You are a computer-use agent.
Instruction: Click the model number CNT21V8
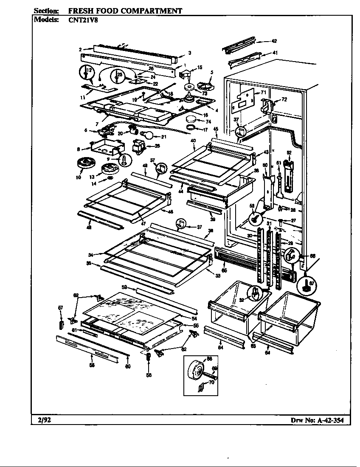point(83,20)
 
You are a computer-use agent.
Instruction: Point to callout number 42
point(274,41)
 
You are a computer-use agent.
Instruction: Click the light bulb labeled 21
point(148,136)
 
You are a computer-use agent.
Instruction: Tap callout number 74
point(209,121)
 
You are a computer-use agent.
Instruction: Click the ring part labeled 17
point(192,127)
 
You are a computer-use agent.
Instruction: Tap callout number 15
point(200,68)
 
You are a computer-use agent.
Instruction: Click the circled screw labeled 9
point(125,159)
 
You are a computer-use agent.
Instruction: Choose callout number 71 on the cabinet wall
point(263,92)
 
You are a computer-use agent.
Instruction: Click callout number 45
point(216,129)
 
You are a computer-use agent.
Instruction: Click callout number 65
point(224,270)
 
